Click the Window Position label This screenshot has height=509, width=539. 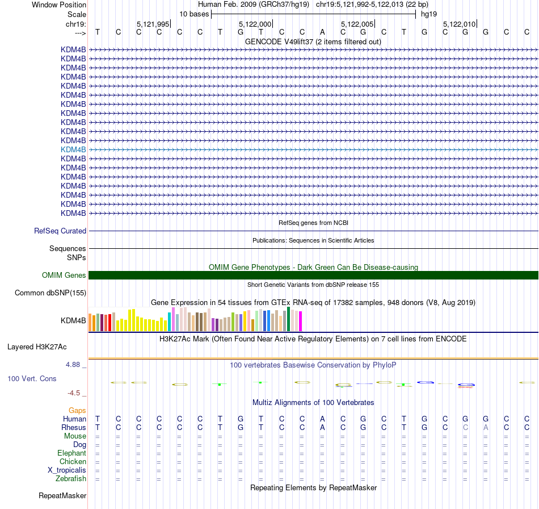point(59,5)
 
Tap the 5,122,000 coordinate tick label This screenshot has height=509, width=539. point(255,24)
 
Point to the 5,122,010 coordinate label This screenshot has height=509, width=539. point(459,24)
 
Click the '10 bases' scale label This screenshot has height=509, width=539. point(194,14)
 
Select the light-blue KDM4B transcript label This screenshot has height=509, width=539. point(73,149)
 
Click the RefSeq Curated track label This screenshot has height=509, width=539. point(60,231)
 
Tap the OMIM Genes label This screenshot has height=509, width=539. point(64,276)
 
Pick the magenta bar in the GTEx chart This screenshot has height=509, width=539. point(300,322)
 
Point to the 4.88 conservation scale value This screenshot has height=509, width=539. point(76,365)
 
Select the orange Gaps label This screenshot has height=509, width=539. point(77,410)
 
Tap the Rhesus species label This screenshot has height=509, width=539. point(75,428)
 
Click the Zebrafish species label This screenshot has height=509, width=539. point(71,479)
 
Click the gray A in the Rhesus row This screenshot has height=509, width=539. point(486,428)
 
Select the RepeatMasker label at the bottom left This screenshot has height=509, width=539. point(62,496)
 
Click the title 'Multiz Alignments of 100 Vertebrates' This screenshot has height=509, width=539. point(313,403)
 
